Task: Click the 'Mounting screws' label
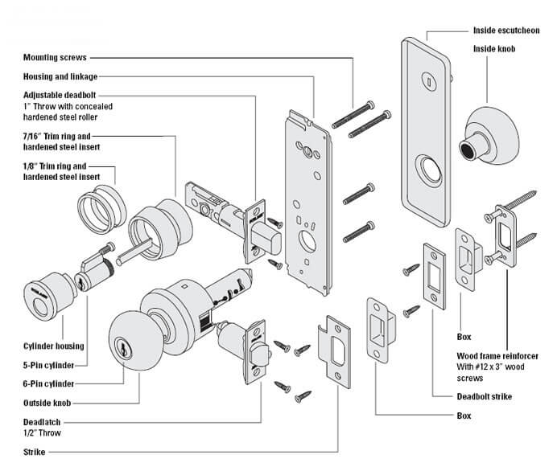[x=54, y=58]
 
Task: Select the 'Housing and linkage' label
[x=60, y=76]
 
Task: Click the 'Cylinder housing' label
[x=52, y=346]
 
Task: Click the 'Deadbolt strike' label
[x=483, y=396]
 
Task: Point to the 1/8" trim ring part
[x=100, y=204]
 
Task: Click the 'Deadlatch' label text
[x=42, y=422]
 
